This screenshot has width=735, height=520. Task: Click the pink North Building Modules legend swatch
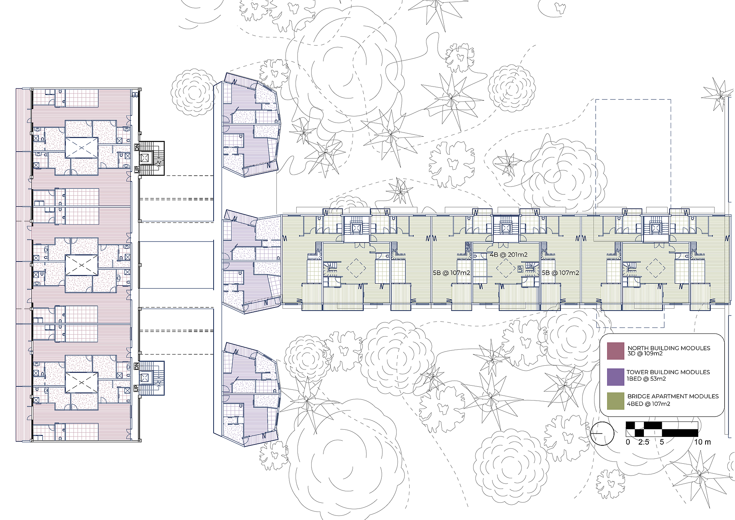pos(616,351)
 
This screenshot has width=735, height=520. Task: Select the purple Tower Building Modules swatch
pos(616,376)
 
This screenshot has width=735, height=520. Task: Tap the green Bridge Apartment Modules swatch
pos(616,401)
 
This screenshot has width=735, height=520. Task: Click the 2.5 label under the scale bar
pos(644,442)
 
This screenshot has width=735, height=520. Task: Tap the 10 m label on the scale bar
pos(702,442)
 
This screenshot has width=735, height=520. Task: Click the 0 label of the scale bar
pos(628,442)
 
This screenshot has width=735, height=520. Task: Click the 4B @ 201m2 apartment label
pos(508,255)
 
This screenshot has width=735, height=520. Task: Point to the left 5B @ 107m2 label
pos(452,273)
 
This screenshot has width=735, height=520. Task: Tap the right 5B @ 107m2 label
pos(560,273)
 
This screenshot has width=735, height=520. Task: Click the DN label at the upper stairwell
pos(137,147)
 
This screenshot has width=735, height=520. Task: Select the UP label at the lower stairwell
pos(136,388)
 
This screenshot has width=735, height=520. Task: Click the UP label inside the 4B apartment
pos(520,269)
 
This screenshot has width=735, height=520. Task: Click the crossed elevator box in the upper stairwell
pos(145,157)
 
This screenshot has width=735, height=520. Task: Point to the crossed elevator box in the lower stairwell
pos(144,378)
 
